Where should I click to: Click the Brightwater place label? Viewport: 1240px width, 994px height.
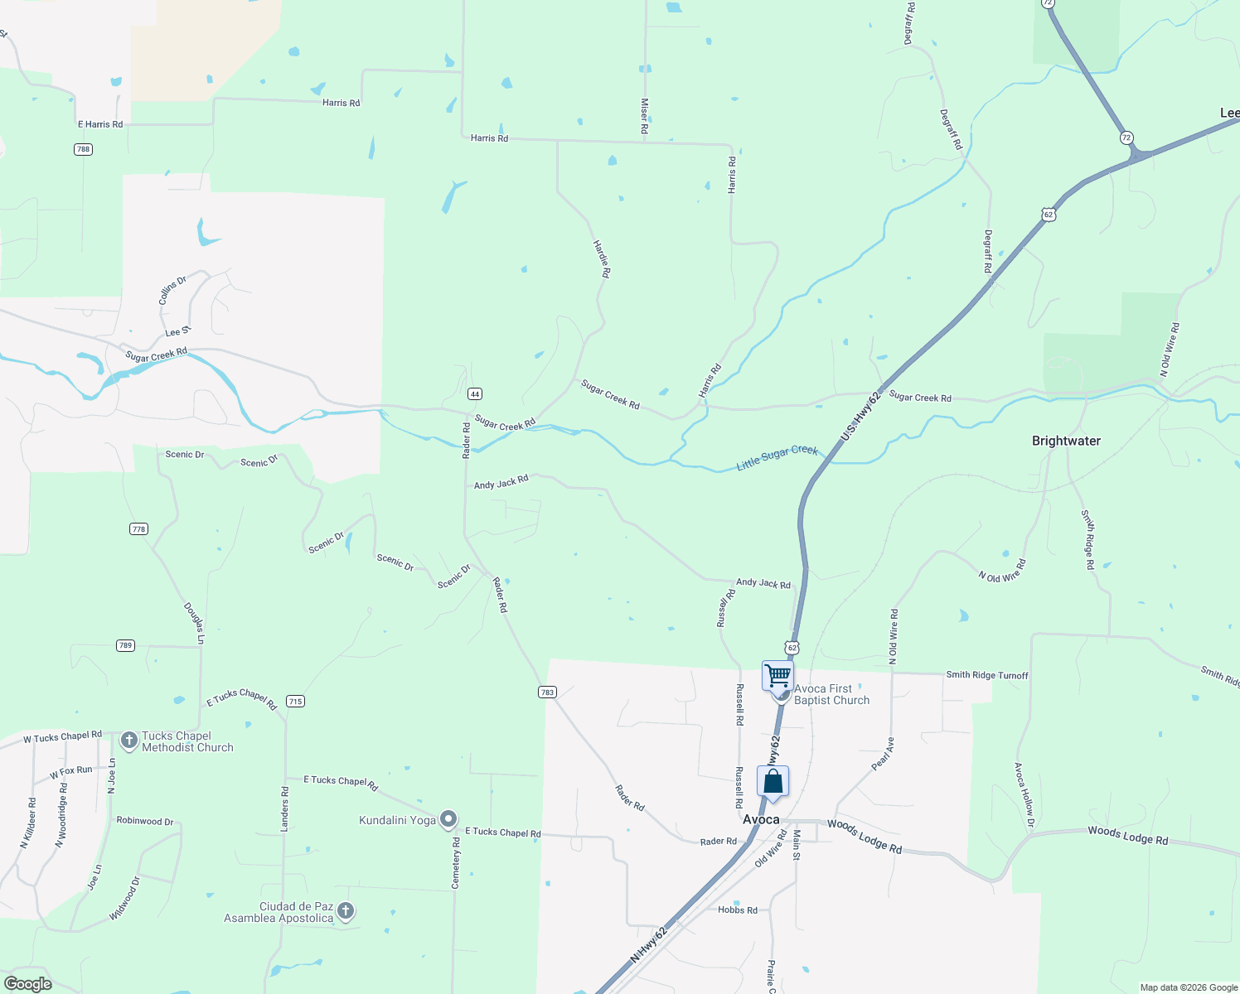click(1066, 441)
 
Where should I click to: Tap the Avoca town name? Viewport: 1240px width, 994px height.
click(761, 819)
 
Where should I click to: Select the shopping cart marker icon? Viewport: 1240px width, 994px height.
click(777, 675)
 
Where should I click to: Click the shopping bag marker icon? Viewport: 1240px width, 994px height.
click(773, 781)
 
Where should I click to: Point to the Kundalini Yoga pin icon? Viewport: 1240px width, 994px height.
click(448, 819)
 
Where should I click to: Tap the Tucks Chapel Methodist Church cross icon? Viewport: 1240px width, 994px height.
click(129, 740)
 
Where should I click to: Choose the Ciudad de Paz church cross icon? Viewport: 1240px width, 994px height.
click(346, 911)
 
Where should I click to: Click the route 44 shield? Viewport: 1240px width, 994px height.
click(474, 394)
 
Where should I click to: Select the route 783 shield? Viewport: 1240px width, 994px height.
click(547, 692)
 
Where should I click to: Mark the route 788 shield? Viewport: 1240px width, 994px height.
click(83, 149)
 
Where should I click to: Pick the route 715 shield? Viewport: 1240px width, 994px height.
click(295, 701)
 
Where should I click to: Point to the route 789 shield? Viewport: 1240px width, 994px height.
click(125, 645)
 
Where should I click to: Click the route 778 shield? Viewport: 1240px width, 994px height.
click(138, 528)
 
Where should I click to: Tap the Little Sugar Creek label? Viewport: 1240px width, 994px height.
click(777, 458)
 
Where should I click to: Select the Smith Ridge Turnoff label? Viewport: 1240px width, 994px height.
click(987, 675)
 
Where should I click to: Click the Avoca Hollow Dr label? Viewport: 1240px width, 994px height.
click(1024, 794)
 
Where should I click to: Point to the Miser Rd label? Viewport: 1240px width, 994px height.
click(644, 116)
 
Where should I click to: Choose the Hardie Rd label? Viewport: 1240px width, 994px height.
click(602, 258)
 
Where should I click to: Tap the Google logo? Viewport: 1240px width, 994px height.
click(27, 984)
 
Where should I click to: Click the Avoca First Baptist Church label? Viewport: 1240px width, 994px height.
click(831, 694)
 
